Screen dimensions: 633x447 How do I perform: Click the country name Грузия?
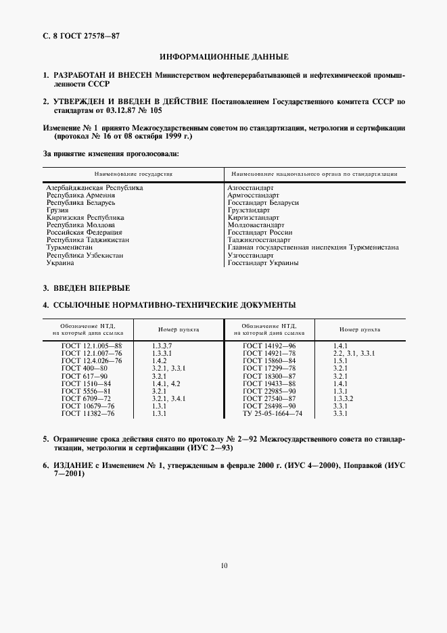pos(57,210)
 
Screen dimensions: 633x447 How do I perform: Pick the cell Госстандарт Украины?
pos(263,262)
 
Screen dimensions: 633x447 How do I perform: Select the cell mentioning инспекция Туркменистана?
pos(312,248)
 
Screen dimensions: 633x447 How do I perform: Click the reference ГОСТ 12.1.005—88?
pos(89,346)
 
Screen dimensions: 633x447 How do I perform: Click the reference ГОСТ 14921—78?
pos(269,354)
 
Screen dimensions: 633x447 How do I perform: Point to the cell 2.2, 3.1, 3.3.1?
pos(354,354)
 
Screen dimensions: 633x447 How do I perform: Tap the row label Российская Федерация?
pos(84,233)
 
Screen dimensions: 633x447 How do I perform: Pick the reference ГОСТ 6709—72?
pos(85,398)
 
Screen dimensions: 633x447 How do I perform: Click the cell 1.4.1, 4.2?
pos(166,383)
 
